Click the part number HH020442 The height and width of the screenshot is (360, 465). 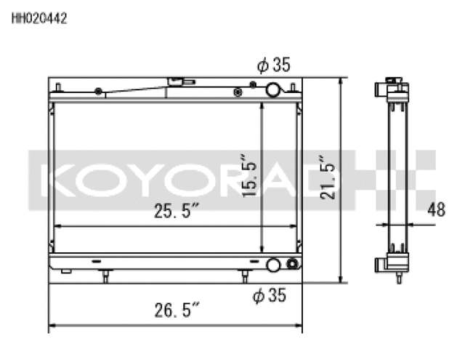39,20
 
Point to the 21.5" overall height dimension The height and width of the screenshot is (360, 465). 328,177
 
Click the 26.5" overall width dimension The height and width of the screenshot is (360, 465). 177,311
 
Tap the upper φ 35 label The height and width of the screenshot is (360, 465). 273,65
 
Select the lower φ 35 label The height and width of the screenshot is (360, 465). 269,295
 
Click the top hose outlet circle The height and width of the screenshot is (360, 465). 273,90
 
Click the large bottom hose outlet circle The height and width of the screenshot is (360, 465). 274,265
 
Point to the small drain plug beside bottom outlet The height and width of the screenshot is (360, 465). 292,264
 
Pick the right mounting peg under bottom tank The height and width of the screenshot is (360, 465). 245,277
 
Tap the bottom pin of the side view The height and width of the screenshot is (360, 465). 399,279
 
